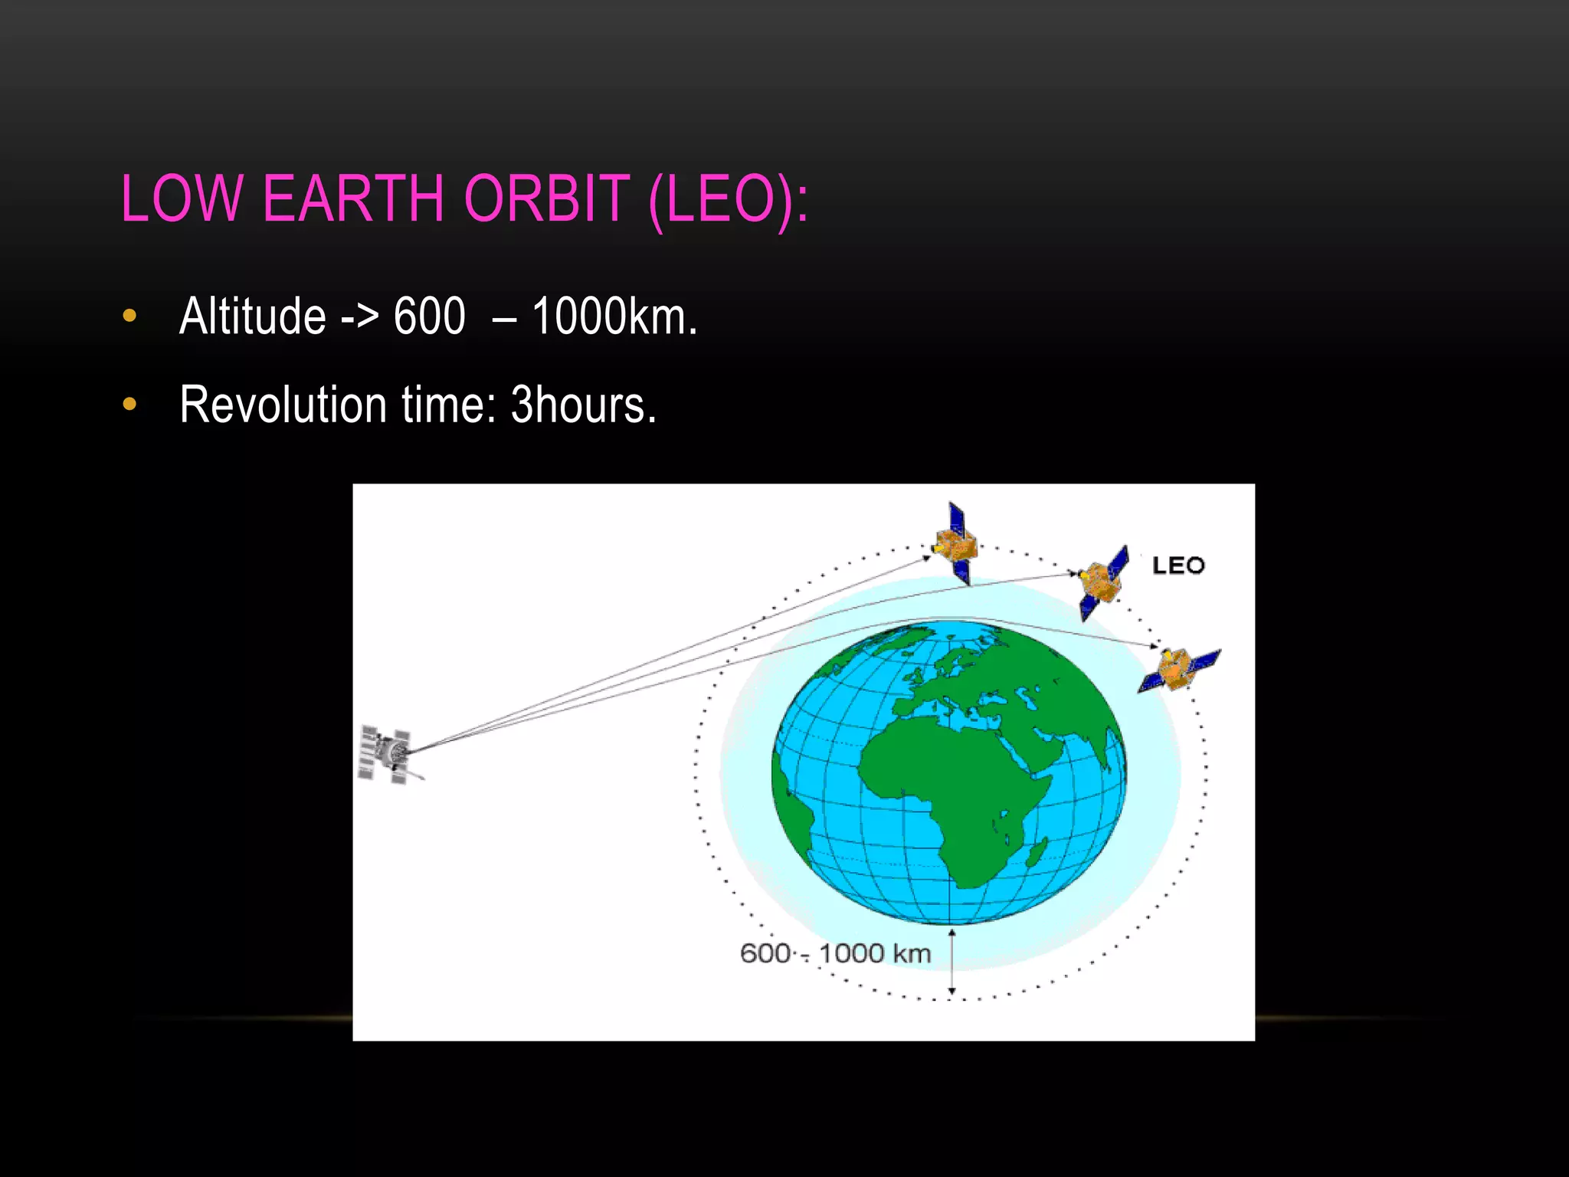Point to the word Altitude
click(253, 316)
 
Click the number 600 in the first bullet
click(429, 316)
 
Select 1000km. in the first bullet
click(614, 316)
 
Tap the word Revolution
click(283, 405)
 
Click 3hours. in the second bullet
click(584, 405)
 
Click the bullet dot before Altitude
click(129, 316)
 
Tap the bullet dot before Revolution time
click(129, 404)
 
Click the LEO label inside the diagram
click(1178, 566)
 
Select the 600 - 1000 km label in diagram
click(835, 953)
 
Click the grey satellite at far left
click(388, 754)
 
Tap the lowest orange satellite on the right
click(1178, 669)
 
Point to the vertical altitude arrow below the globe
click(952, 962)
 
